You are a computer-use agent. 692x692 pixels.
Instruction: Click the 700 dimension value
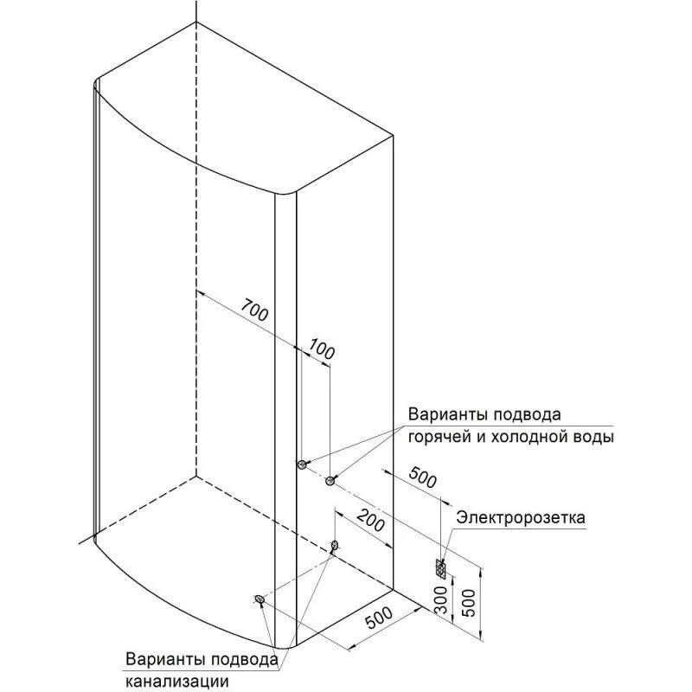pyautogui.click(x=254, y=310)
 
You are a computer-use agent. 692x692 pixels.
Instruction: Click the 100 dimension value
pyautogui.click(x=321, y=349)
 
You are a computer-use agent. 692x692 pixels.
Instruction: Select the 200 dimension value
pyautogui.click(x=371, y=520)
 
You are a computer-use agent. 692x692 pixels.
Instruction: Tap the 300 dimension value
pyautogui.click(x=441, y=599)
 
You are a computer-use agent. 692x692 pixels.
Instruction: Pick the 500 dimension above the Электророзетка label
pyautogui.click(x=423, y=477)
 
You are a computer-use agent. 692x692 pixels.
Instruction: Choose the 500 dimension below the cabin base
pyautogui.click(x=379, y=618)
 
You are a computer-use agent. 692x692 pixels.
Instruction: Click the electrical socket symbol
pyautogui.click(x=440, y=568)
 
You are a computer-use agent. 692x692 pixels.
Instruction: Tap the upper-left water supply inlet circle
pyautogui.click(x=302, y=464)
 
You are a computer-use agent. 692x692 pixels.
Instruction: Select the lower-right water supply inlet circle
pyautogui.click(x=330, y=481)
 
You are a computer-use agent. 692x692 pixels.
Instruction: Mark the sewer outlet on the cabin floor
pyautogui.click(x=259, y=599)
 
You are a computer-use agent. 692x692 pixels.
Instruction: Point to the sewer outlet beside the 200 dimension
pyautogui.click(x=335, y=546)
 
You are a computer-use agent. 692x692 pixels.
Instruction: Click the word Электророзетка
pyautogui.click(x=521, y=517)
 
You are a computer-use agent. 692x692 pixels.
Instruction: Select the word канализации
pyautogui.click(x=177, y=681)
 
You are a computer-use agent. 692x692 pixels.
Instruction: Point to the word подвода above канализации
pyautogui.click(x=245, y=660)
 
